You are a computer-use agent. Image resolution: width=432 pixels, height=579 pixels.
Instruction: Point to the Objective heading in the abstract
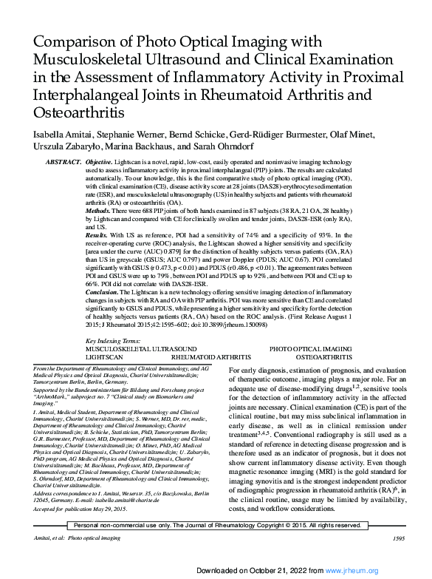coord(100,161)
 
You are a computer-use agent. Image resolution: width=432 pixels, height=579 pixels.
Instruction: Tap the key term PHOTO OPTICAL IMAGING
coord(310,348)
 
